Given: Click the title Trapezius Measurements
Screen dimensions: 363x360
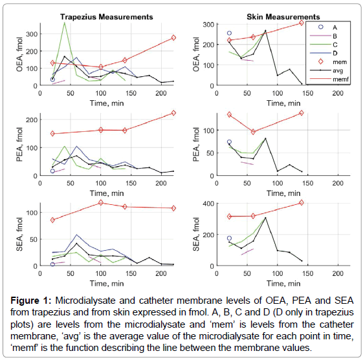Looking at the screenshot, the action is tap(107, 17).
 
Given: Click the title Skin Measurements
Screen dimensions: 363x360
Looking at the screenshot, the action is tap(283, 17).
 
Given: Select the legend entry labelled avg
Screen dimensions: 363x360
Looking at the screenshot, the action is tap(338, 70).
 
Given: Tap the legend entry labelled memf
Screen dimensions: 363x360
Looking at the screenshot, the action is tap(340, 79).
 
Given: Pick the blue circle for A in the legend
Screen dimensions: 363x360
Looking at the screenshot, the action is tap(321, 26).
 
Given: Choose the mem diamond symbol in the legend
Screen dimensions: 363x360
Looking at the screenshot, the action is tap(321, 61).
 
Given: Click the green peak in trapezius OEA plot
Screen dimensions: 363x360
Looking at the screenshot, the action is tap(64, 23).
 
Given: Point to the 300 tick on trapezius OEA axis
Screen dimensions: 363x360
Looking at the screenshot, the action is tap(32, 34).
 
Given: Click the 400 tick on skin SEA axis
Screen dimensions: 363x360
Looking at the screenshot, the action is tap(209, 204).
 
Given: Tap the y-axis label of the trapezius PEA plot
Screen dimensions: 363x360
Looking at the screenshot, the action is tap(20, 145).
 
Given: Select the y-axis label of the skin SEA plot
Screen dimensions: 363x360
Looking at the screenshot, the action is tap(196, 234).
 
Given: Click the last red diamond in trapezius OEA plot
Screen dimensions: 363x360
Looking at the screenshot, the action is tap(173, 37).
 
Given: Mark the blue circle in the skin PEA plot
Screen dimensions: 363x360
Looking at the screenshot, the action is tap(229, 142).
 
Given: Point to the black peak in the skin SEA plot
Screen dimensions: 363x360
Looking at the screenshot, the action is tap(265, 218).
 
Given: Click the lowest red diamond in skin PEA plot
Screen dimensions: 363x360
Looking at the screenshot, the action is tap(253, 132).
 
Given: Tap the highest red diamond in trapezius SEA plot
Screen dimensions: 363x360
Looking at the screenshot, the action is tap(101, 203).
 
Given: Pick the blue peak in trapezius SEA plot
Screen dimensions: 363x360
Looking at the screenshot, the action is tap(76, 235).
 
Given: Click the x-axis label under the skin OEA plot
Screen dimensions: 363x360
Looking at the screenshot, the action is tap(283, 103).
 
